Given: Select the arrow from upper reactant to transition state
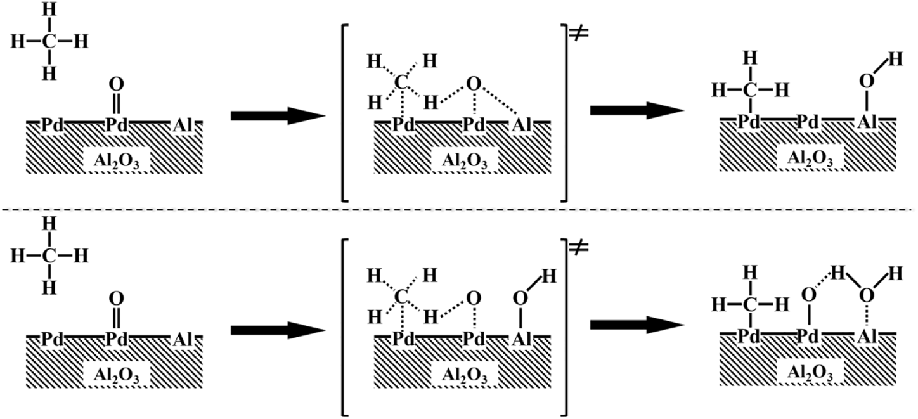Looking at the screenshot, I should (x=278, y=115).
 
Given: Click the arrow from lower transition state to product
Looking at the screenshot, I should (x=637, y=325).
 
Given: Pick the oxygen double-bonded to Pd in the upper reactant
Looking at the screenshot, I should (x=116, y=84).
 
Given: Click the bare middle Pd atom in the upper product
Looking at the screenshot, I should (x=808, y=122).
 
